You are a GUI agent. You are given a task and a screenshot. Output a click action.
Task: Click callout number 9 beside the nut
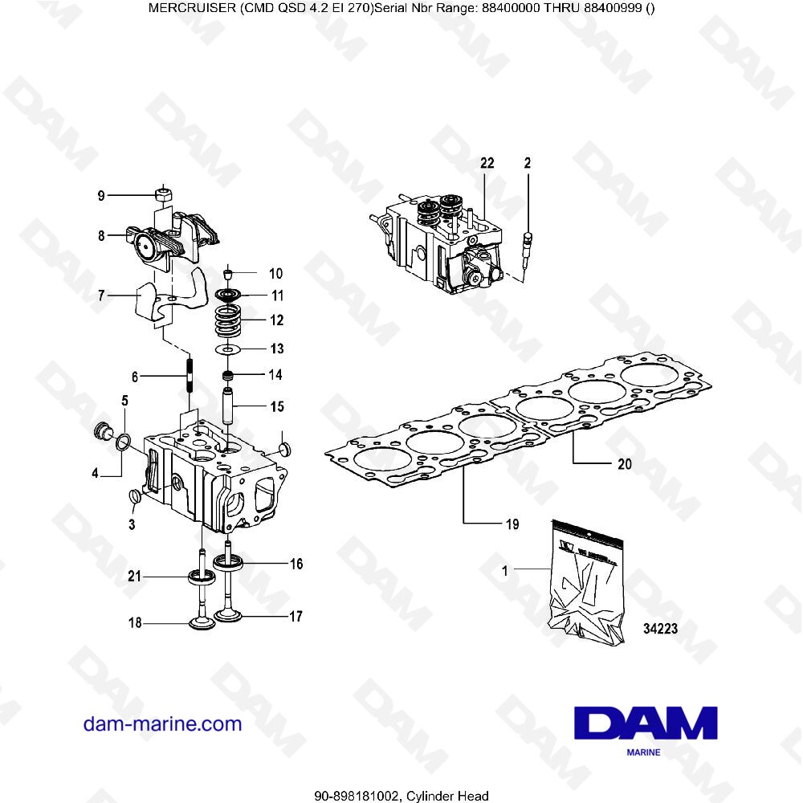(x=101, y=195)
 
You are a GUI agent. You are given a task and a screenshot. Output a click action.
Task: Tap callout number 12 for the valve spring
(x=276, y=320)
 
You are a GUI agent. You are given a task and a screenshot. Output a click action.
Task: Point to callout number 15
(x=276, y=407)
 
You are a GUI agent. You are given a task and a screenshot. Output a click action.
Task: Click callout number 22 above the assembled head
(x=486, y=163)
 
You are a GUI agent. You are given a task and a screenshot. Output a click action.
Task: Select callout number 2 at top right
(x=528, y=163)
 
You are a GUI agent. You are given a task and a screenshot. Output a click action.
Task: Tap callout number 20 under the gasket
(x=624, y=463)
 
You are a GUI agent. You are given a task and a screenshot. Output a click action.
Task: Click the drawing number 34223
(x=661, y=630)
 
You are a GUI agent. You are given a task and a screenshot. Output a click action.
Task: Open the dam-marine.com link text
(x=162, y=724)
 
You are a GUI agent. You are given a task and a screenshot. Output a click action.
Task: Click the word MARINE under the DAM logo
(x=642, y=752)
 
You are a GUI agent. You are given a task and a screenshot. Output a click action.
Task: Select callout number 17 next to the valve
(x=296, y=618)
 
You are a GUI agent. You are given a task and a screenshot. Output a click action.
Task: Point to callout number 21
(x=135, y=576)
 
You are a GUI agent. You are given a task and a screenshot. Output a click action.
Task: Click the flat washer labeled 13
(x=230, y=349)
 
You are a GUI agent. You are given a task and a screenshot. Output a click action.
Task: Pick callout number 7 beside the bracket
(x=101, y=296)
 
